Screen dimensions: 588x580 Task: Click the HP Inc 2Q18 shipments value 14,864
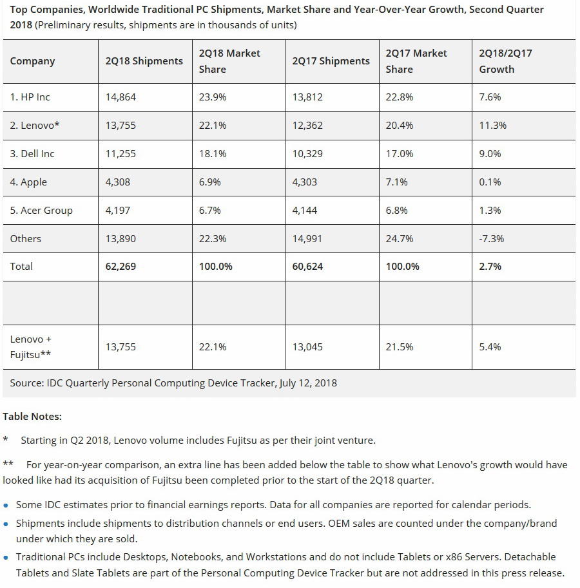pyautogui.click(x=121, y=97)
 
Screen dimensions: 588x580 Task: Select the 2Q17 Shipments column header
pyautogui.click(x=331, y=61)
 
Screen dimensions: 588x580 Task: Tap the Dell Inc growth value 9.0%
pyautogui.click(x=490, y=154)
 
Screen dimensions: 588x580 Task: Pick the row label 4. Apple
pyautogui.click(x=28, y=182)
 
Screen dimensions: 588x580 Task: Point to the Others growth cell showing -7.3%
pyautogui.click(x=491, y=239)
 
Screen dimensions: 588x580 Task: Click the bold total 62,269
pyautogui.click(x=121, y=267)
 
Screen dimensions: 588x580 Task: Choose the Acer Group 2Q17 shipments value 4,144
pyautogui.click(x=304, y=211)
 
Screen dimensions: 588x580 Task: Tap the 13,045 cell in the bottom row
pyautogui.click(x=307, y=347)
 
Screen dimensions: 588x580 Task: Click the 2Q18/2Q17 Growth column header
pyautogui.click(x=505, y=61)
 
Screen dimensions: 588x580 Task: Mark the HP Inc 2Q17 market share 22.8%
pyautogui.click(x=399, y=97)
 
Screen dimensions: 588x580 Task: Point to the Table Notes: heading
pyautogui.click(x=32, y=417)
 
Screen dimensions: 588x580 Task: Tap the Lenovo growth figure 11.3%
pyautogui.click(x=492, y=126)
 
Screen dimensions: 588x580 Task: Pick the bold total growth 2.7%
pyautogui.click(x=490, y=267)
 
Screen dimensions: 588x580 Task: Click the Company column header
pyautogui.click(x=32, y=61)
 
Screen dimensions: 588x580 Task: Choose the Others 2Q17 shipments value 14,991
pyautogui.click(x=307, y=239)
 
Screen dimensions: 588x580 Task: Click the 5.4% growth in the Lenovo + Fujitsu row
pyautogui.click(x=490, y=347)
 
